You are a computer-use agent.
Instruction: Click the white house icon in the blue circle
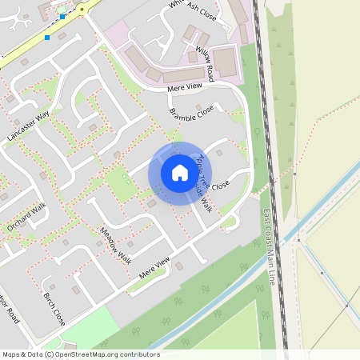[x=180, y=173]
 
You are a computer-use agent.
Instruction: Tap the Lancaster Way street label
[x=28, y=126]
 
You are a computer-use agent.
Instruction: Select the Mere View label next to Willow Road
[x=185, y=87]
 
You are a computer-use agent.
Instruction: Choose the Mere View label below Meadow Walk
[x=155, y=266]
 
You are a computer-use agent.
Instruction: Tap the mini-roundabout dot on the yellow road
[x=81, y=9]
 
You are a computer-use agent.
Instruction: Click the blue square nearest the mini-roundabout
[x=62, y=16]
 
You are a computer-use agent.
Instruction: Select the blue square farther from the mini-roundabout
[x=47, y=37]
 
